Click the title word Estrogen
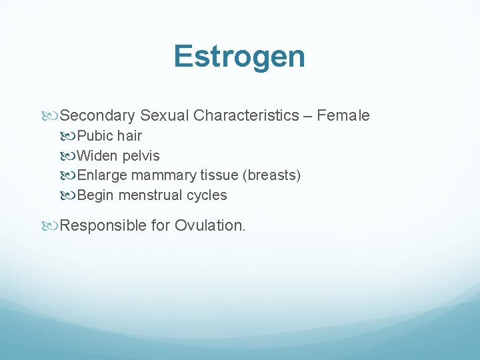coord(239,57)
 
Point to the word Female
coord(343,116)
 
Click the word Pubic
coord(95,136)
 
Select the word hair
coord(129,136)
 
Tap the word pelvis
coord(141,156)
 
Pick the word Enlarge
coord(102,175)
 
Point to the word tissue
coord(217,175)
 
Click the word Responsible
coord(104,226)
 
